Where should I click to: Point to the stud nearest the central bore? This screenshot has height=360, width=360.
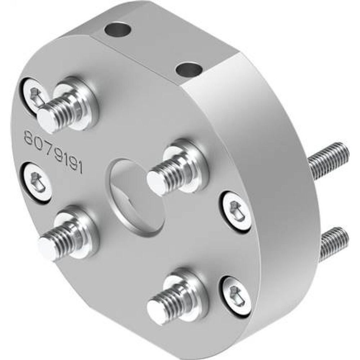point(169,172)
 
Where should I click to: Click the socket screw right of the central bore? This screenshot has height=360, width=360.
point(234,209)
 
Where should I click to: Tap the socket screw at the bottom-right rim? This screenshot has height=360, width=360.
point(234,292)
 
